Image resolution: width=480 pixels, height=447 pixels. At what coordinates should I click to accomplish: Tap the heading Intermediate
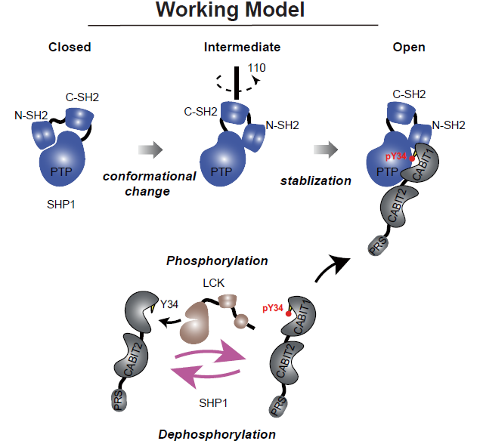point(242,47)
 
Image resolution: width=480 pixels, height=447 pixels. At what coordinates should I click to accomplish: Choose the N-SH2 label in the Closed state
point(32,116)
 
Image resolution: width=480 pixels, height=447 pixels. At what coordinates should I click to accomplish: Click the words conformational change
point(150,183)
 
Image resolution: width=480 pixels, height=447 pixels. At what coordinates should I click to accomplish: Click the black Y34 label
point(173,305)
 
